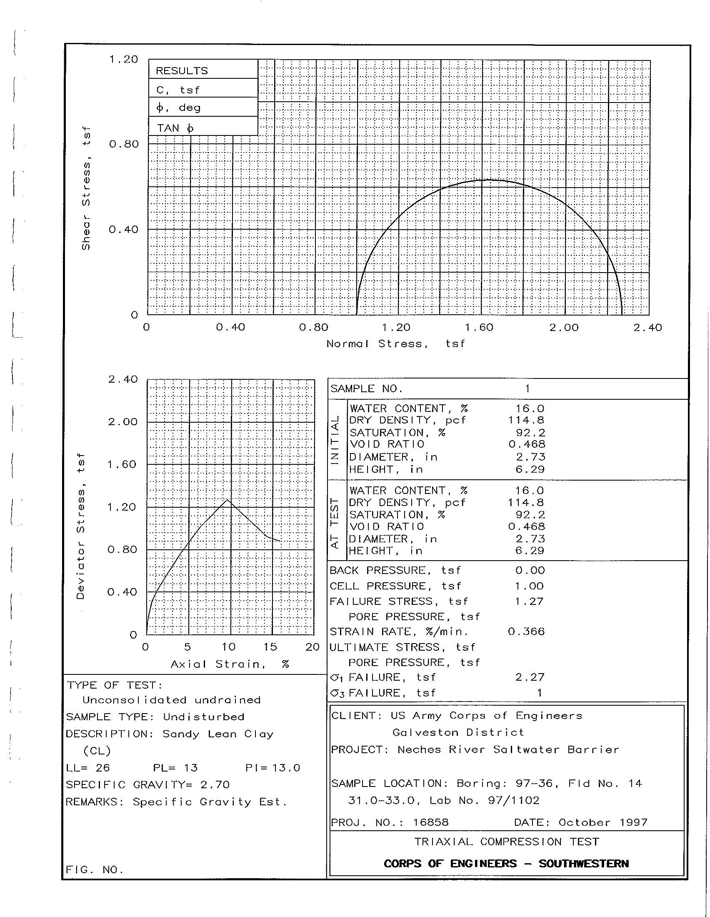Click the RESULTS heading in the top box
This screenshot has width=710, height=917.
tap(182, 70)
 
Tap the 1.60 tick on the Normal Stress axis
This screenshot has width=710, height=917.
tap(479, 328)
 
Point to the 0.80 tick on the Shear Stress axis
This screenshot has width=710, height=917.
tap(123, 145)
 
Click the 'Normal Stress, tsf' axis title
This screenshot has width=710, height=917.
tap(396, 344)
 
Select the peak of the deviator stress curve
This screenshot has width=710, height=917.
tap(227, 500)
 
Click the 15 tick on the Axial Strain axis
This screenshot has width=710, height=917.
tap(270, 647)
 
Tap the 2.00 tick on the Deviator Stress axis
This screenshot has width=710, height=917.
tap(122, 421)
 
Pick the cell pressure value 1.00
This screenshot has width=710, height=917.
tap(530, 586)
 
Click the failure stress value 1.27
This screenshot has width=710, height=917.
tap(530, 601)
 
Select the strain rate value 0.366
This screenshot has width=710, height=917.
tap(526, 631)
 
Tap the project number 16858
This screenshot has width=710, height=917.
tap(430, 822)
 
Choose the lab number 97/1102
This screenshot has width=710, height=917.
tap(514, 801)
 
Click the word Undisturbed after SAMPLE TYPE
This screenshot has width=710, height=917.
tap(203, 717)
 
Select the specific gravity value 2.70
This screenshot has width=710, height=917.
tap(215, 785)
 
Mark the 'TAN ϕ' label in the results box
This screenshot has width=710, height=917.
tap(175, 128)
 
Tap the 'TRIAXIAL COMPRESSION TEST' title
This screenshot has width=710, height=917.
tap(507, 842)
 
